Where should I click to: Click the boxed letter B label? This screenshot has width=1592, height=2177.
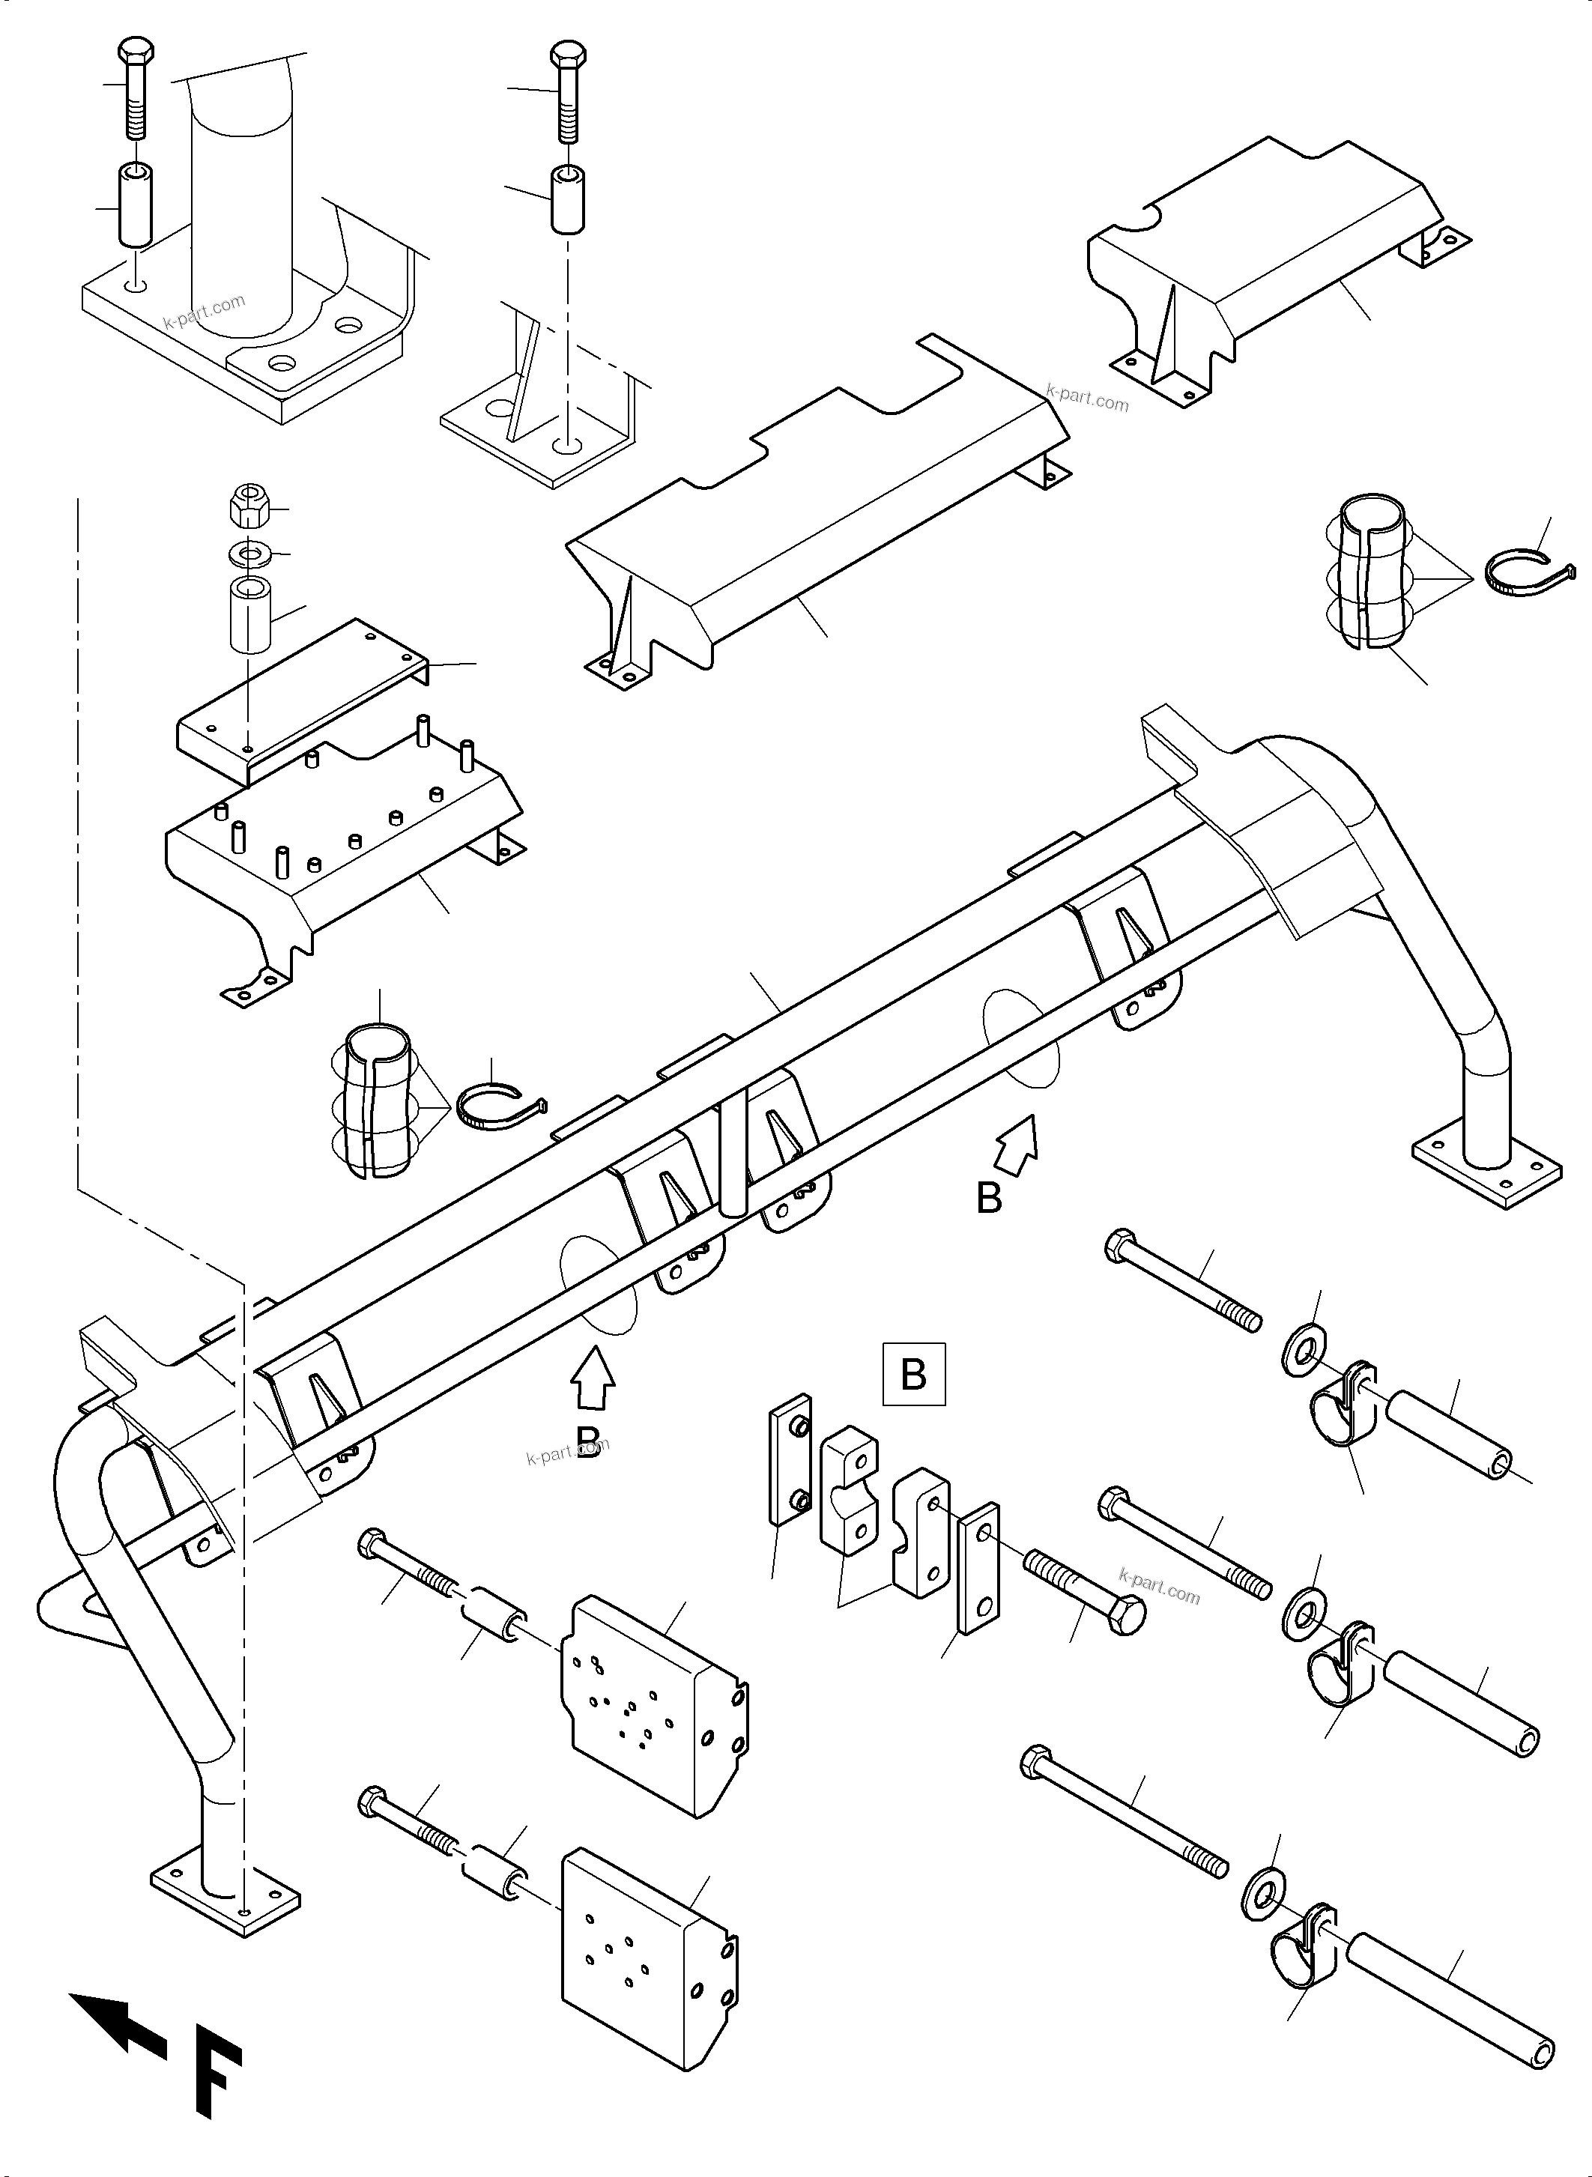tap(913, 1373)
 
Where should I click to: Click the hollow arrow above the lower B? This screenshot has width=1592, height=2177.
tap(593, 1380)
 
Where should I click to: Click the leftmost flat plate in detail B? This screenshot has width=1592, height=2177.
tap(789, 1459)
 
